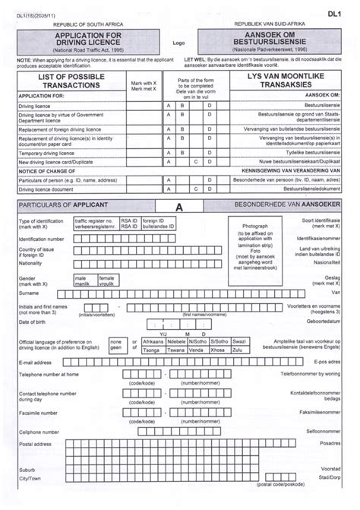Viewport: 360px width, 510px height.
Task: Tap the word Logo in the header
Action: point(179,43)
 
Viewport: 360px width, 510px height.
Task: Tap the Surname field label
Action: point(29,293)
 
